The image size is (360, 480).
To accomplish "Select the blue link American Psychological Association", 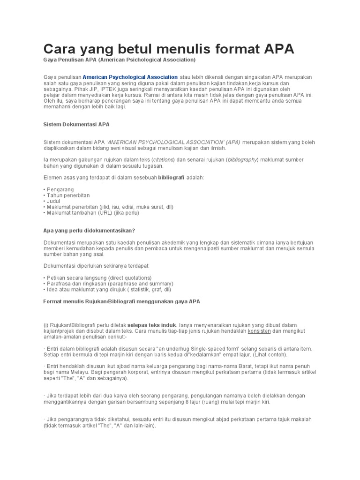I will coord(130,77).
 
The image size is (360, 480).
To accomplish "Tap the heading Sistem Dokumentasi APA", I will coord(76,125).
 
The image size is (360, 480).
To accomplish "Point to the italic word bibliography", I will coord(242,160).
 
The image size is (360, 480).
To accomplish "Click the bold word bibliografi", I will coord(172,178).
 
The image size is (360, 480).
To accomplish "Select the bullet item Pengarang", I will coord(60,189).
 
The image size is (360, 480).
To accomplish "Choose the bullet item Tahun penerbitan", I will coord(68,195).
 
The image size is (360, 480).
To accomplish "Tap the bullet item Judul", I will coord(53,201).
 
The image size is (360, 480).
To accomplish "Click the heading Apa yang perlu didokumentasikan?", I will coord(89,230).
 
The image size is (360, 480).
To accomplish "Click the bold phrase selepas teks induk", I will coord(152,325).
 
